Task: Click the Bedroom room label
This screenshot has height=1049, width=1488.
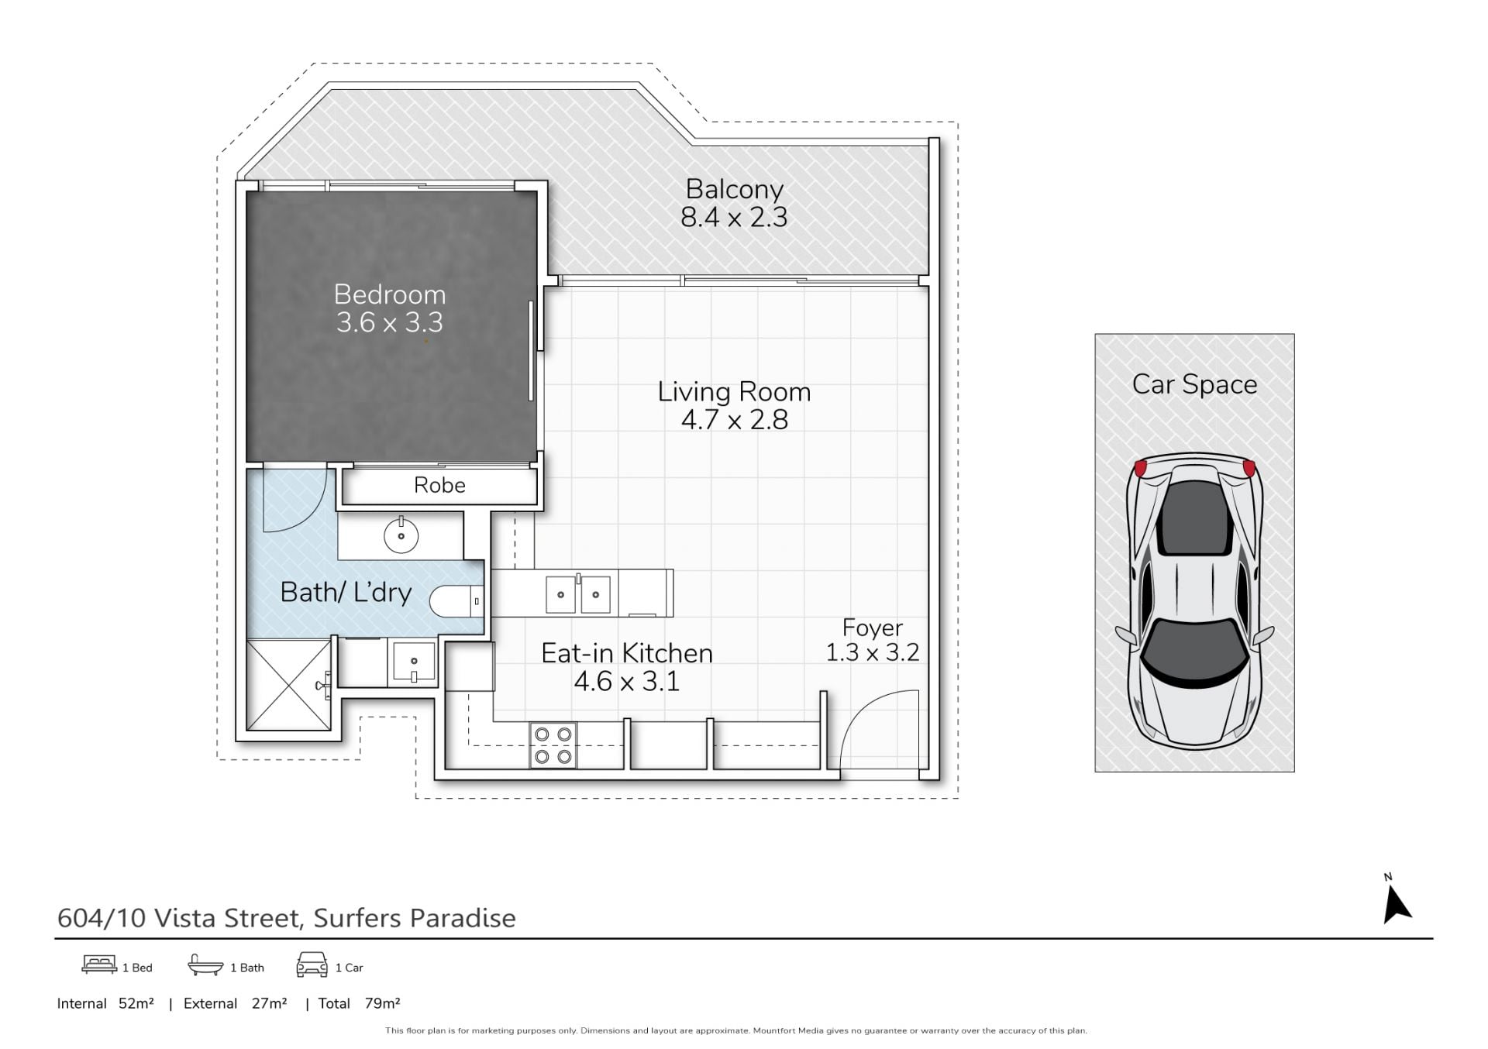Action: [x=389, y=294]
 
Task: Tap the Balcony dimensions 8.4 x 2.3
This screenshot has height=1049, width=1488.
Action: [x=734, y=218]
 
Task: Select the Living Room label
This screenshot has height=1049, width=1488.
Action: [x=734, y=392]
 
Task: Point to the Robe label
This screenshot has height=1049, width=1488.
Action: [x=439, y=485]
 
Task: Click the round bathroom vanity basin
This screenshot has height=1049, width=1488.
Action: [x=401, y=535]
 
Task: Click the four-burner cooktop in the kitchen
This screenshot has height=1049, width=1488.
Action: [x=553, y=745]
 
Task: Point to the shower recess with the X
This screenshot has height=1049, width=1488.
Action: [x=288, y=685]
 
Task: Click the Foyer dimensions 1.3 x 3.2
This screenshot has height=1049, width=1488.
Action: [x=872, y=653]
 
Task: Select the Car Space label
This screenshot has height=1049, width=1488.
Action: [x=1194, y=385]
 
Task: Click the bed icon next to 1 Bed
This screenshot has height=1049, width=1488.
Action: [x=99, y=965]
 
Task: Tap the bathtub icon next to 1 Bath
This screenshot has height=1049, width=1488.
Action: [x=205, y=965]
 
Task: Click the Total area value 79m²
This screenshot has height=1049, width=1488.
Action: [x=382, y=1003]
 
